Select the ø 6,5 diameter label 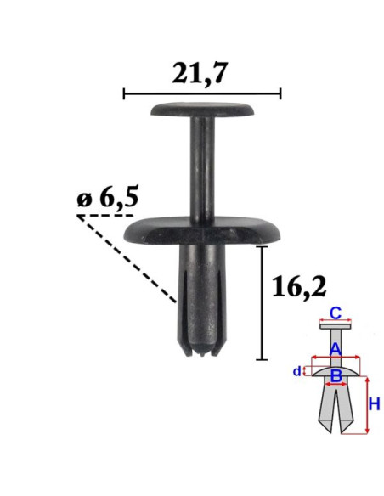(x=108, y=200)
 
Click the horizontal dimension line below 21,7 (x=202, y=93)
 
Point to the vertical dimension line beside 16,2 (x=262, y=302)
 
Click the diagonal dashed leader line (x=127, y=259)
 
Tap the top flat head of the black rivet (x=202, y=109)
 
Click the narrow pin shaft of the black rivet (x=202, y=167)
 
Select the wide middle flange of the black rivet (x=202, y=231)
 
